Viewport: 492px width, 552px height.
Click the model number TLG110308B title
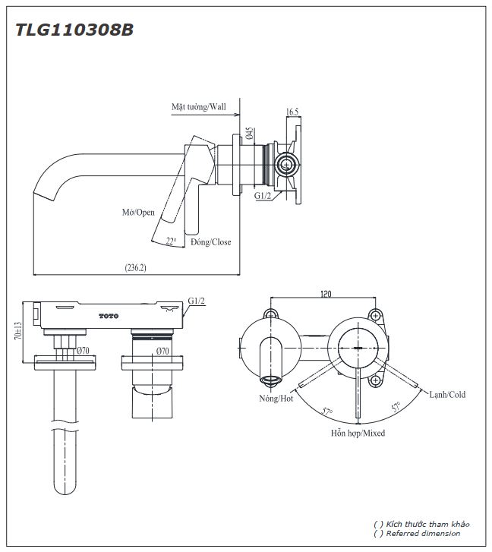(74, 30)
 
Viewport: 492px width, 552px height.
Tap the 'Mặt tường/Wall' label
(198, 108)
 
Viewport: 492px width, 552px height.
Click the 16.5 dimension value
(292, 112)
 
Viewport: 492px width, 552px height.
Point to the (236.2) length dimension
(135, 267)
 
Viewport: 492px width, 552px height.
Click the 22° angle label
(171, 241)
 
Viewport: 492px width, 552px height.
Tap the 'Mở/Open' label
(138, 213)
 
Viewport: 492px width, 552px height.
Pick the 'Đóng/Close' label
(210, 242)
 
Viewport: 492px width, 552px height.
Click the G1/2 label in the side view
(263, 196)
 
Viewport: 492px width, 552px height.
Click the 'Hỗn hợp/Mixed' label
(357, 434)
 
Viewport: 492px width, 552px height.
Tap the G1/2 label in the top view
(196, 301)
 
